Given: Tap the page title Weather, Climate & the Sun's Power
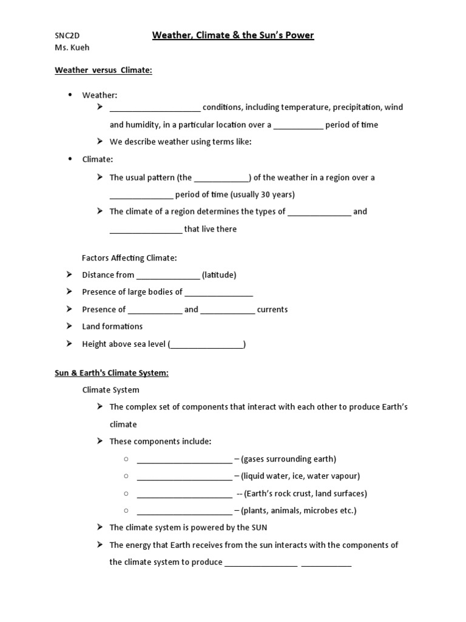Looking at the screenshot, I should pyautogui.click(x=233, y=35).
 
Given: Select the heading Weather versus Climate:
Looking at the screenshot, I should pyautogui.click(x=103, y=70).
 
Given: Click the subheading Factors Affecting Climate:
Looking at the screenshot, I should pyautogui.click(x=129, y=258).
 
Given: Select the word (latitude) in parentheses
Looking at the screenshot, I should pyautogui.click(x=219, y=275).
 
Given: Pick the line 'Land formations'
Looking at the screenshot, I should pyautogui.click(x=112, y=327).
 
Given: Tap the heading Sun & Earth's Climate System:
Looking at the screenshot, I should pyautogui.click(x=112, y=373).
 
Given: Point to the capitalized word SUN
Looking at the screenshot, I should pyautogui.click(x=258, y=528).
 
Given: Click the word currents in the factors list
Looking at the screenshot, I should pyautogui.click(x=272, y=310).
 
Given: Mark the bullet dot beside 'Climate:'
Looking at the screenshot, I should pyautogui.click(x=70, y=159).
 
